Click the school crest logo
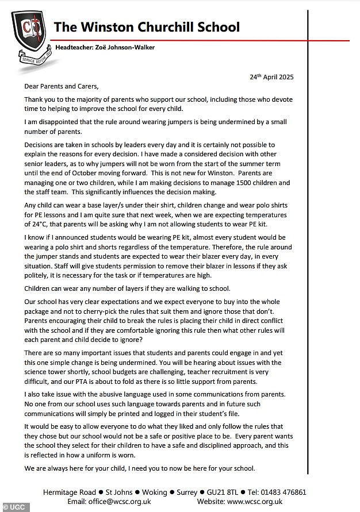(29, 36)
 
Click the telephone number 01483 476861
(286, 492)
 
